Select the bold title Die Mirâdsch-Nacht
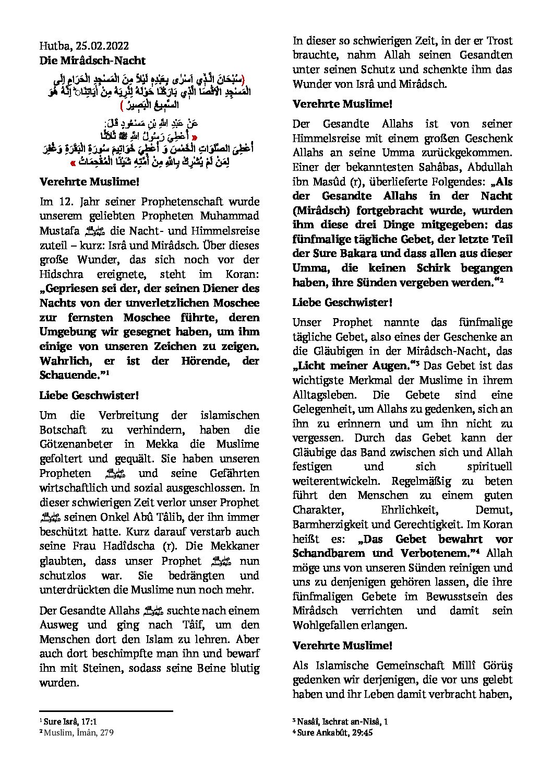point(92,61)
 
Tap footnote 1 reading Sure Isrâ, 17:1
point(69,721)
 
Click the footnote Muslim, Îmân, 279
point(78,732)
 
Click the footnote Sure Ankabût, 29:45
point(334,732)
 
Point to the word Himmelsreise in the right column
point(325,138)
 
